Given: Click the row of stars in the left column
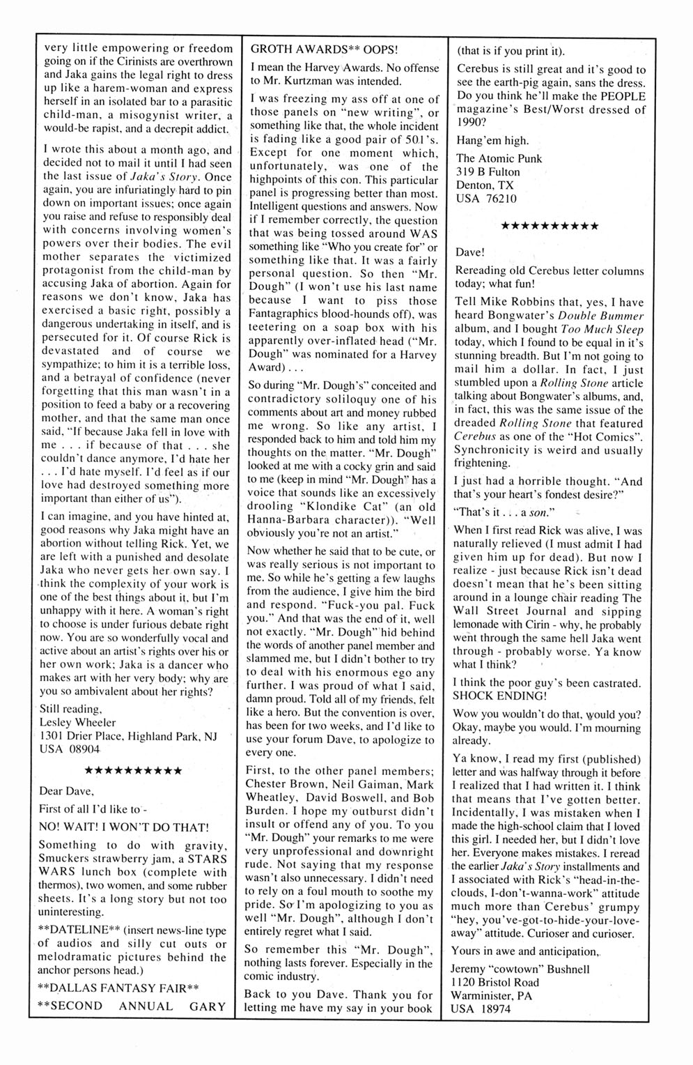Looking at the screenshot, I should click(133, 771).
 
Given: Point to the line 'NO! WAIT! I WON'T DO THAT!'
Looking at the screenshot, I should click(125, 827).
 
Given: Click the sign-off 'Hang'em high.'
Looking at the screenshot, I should click(491, 139).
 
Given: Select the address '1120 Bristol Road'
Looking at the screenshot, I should click(499, 982).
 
